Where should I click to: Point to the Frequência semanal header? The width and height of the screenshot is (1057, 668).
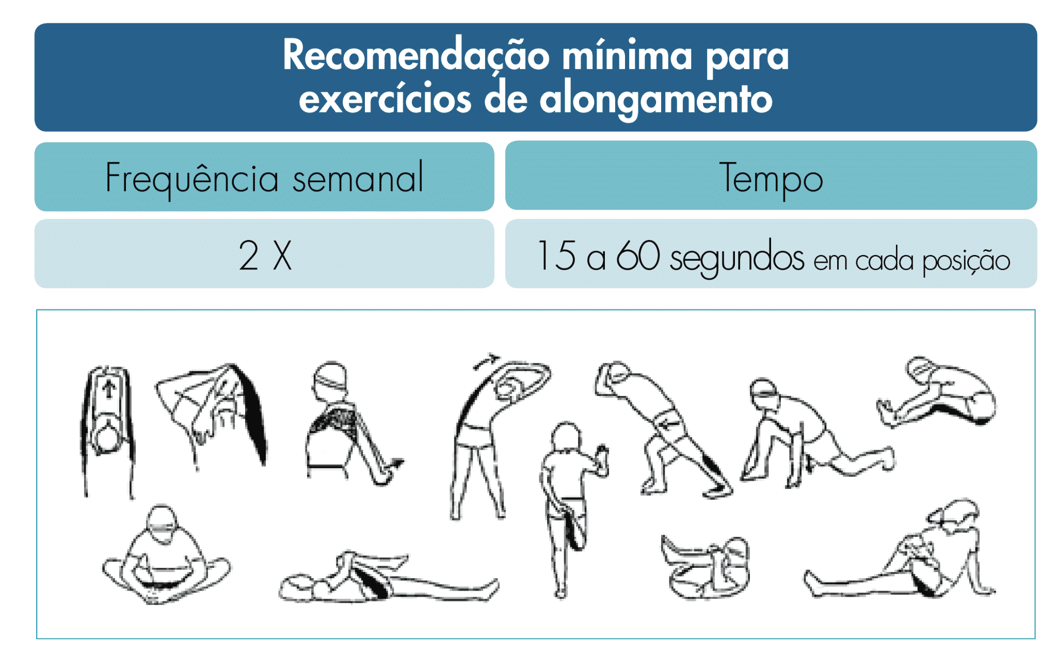(x=264, y=178)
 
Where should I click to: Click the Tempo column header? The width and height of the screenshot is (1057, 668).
(x=771, y=177)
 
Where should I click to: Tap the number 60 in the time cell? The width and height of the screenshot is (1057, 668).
(x=638, y=255)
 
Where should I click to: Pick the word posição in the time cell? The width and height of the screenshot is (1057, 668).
(x=966, y=261)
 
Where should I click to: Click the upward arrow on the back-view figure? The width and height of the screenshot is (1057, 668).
(x=109, y=389)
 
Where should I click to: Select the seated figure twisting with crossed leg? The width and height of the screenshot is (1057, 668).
(x=901, y=552)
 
